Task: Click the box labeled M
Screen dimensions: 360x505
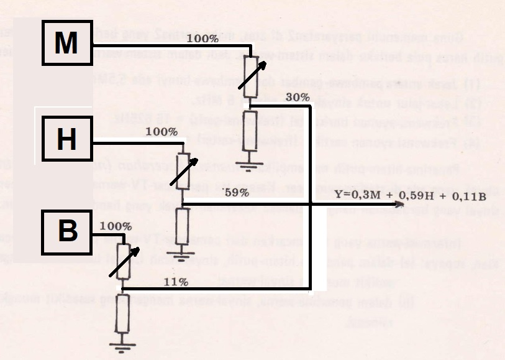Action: click(x=67, y=43)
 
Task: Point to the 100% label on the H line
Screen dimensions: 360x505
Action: click(x=162, y=132)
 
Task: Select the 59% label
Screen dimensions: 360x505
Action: click(x=236, y=192)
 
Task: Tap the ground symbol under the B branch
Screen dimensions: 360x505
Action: click(x=123, y=341)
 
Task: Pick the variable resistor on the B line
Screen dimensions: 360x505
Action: click(x=124, y=259)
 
